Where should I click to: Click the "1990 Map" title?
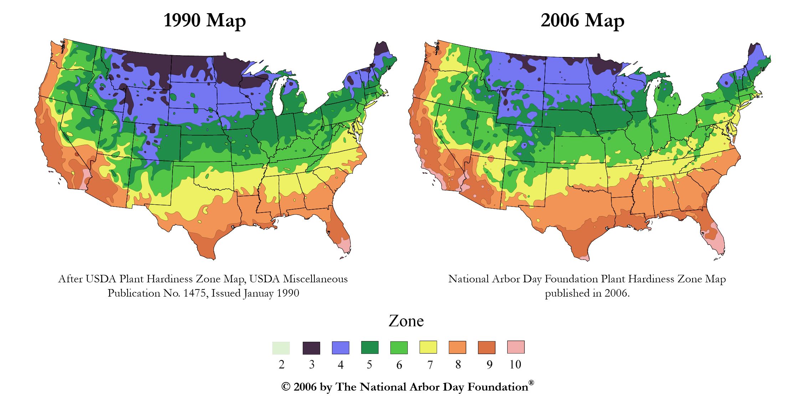205,20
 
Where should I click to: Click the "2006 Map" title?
582,20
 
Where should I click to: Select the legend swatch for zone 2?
281,348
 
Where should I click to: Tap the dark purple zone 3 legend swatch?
311,348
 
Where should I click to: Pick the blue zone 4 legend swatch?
340,348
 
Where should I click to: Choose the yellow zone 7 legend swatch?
428,347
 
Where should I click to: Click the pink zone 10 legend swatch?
515,347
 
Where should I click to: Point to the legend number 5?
369,365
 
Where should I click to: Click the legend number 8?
458,365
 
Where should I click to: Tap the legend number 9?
489,365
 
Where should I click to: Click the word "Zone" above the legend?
406,321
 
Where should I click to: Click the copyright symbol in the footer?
286,387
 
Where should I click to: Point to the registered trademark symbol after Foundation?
531,383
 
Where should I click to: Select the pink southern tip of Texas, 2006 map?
584,258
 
